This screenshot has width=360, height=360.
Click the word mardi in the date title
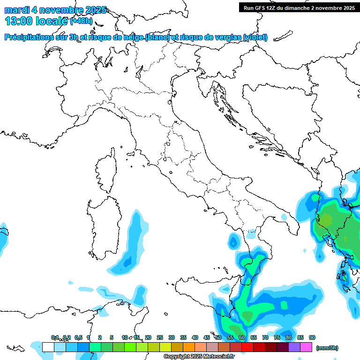pos(17,10)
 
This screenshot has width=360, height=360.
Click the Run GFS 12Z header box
pos(299,7)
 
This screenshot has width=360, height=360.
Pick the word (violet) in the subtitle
pos(255,37)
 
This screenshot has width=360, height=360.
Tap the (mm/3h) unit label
pos(327,348)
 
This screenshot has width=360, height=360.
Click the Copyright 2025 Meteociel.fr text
pos(199,356)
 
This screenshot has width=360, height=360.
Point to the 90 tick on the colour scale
pos(312,338)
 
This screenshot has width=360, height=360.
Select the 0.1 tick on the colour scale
pos(55,338)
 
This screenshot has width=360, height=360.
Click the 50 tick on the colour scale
pos(218,338)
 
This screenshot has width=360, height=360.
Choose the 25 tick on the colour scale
pos(160,338)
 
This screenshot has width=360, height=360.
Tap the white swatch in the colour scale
pos(48,347)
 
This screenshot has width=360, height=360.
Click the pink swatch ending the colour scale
pos(306,347)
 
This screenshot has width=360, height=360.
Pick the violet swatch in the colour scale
pos(294,347)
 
